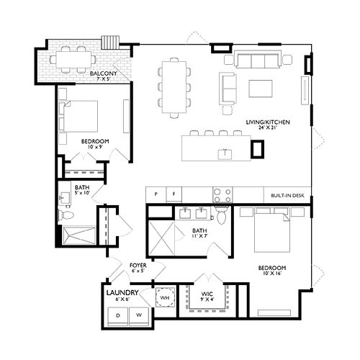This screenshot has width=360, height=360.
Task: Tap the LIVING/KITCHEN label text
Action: click(x=267, y=122)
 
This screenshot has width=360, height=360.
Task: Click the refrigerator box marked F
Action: click(x=174, y=194)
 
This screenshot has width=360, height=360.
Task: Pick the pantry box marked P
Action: click(x=154, y=194)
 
